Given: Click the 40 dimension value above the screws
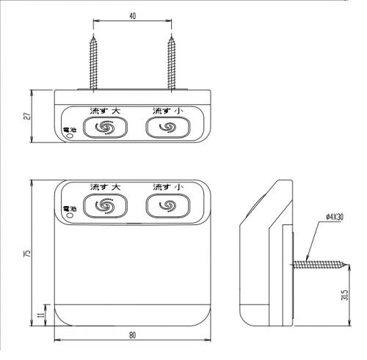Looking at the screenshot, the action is tap(132, 16).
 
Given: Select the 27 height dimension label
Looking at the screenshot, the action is tap(28, 116).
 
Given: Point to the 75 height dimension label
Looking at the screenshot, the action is tap(28, 253).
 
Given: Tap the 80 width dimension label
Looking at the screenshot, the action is tap(132, 335).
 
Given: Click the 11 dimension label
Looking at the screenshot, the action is tap(41, 315).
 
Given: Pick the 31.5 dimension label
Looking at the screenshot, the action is tap(344, 295).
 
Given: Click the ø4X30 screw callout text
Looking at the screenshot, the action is tap(335, 217).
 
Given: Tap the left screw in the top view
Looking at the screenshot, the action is tap(93, 63).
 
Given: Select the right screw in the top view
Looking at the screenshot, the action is tap(172, 63).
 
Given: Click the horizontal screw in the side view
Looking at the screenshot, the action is tap(321, 265).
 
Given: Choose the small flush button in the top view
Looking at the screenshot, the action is tap(168, 128).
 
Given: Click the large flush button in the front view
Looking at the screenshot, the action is tap(105, 206).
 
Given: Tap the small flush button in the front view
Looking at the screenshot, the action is tap(168, 206).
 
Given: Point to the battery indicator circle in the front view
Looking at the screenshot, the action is tap(70, 216).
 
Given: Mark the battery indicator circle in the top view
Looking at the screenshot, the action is tap(70, 136).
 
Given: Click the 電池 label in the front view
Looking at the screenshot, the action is tap(70, 209).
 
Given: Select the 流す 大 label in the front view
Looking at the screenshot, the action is tap(105, 187).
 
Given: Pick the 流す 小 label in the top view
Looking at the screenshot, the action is tap(168, 111).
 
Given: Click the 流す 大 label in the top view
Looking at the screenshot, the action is tap(105, 111).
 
